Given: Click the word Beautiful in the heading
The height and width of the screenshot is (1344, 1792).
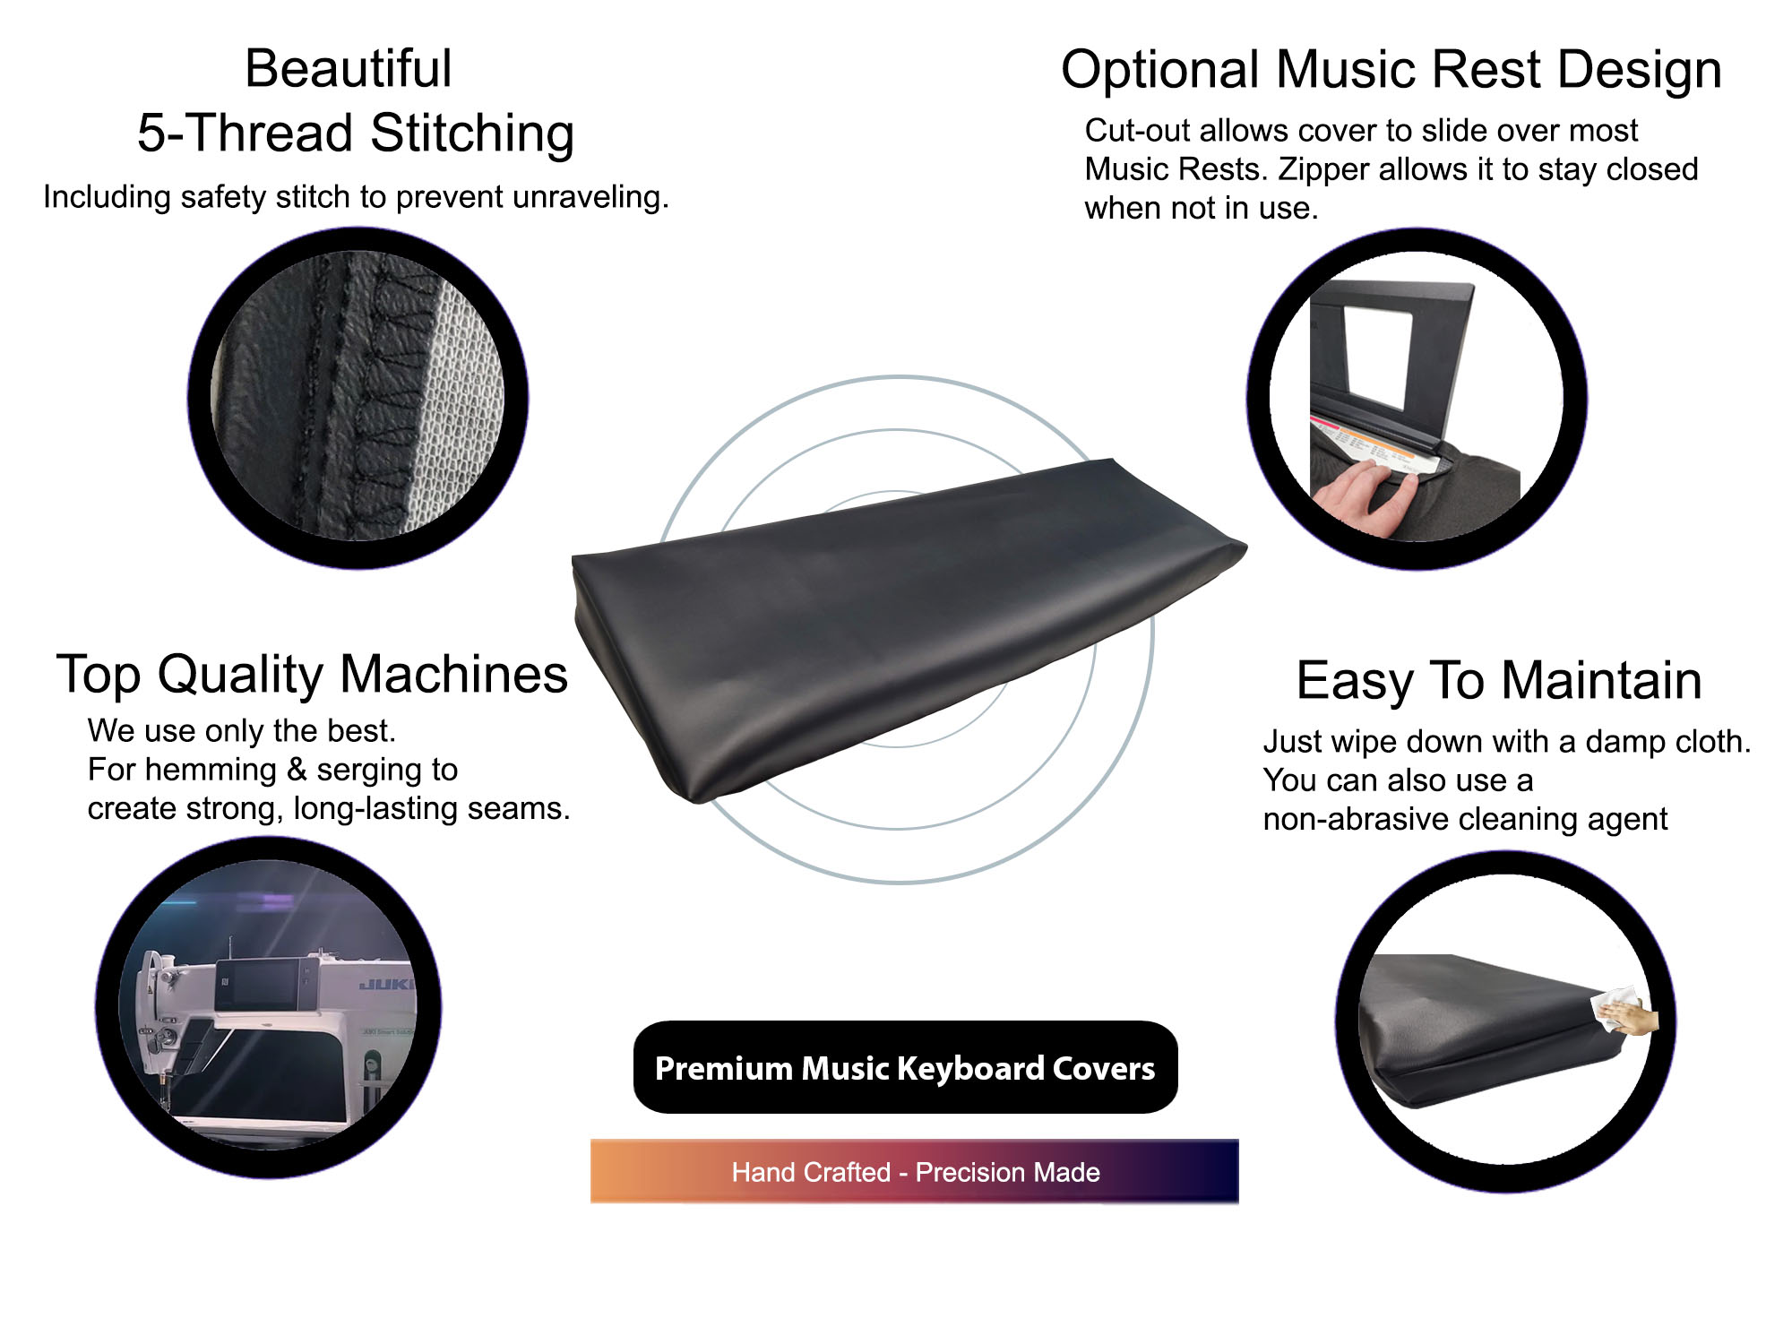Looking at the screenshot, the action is (349, 68).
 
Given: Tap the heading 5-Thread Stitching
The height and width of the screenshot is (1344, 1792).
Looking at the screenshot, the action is (356, 134).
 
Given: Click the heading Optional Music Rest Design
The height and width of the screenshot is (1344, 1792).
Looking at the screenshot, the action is (1391, 70).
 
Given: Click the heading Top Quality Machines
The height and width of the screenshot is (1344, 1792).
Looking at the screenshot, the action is (312, 674).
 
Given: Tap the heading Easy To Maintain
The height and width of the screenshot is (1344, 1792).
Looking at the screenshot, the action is (1499, 680).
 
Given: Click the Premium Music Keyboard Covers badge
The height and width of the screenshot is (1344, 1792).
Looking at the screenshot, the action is (905, 1067).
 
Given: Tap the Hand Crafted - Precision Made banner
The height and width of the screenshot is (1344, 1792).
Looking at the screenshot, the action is (915, 1171).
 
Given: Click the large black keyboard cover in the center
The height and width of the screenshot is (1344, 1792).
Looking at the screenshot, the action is (905, 627).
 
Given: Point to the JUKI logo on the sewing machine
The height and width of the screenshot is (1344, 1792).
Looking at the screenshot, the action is (387, 985).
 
